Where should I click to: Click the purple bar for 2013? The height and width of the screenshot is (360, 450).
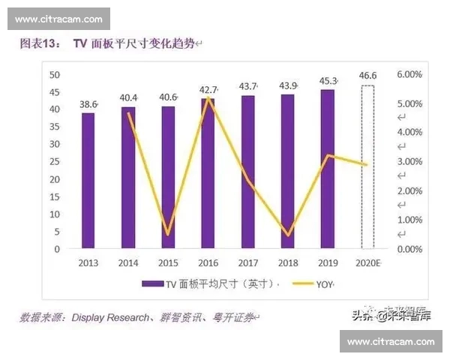coord(88,180)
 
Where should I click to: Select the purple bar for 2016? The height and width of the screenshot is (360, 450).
coord(208,172)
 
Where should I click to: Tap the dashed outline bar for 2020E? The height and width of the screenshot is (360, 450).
coord(367,166)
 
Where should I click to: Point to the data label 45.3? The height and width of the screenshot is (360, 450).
coord(327,81)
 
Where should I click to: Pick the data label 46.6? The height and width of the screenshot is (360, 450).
coord(367,76)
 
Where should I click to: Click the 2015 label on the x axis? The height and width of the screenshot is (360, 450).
coord(168,263)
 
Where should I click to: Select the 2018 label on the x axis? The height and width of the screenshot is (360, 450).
coord(287,263)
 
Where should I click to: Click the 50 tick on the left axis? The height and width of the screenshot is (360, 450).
coord(55,74)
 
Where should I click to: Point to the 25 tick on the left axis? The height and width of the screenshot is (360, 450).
coord(55,162)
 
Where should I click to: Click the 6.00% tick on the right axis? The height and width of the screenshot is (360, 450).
coord(409,75)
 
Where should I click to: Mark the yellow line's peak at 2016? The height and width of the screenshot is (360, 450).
coord(208,98)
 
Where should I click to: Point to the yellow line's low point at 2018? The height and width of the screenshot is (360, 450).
coord(287,235)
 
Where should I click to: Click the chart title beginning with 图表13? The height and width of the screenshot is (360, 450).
coord(105,44)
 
